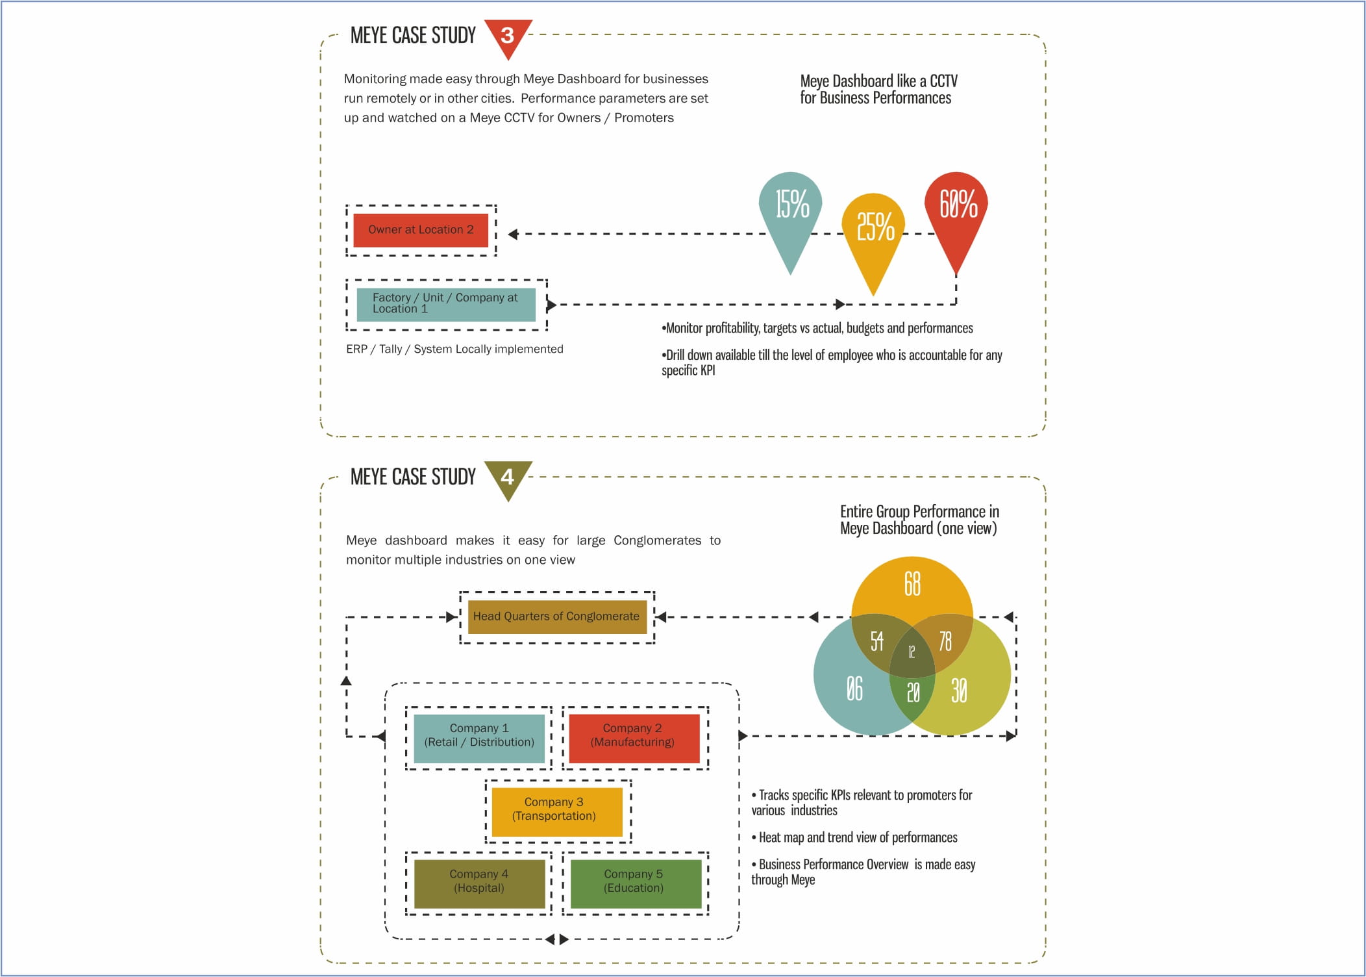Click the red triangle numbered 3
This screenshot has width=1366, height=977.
508,36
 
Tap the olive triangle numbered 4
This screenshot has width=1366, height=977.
508,477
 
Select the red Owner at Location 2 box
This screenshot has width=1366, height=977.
421,230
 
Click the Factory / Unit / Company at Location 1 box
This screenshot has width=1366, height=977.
446,304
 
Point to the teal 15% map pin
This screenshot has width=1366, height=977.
791,214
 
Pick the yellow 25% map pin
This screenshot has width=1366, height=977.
873,234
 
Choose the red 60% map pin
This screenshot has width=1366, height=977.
956,214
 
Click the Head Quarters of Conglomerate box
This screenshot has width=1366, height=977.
557,617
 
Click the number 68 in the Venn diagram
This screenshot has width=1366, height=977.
912,583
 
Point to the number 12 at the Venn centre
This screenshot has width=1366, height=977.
912,652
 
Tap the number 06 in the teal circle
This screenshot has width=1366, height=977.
854,689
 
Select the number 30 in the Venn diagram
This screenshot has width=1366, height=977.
959,691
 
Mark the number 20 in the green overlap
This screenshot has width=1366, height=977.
913,692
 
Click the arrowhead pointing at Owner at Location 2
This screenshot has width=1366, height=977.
512,235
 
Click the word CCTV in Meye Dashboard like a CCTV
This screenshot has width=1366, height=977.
943,81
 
